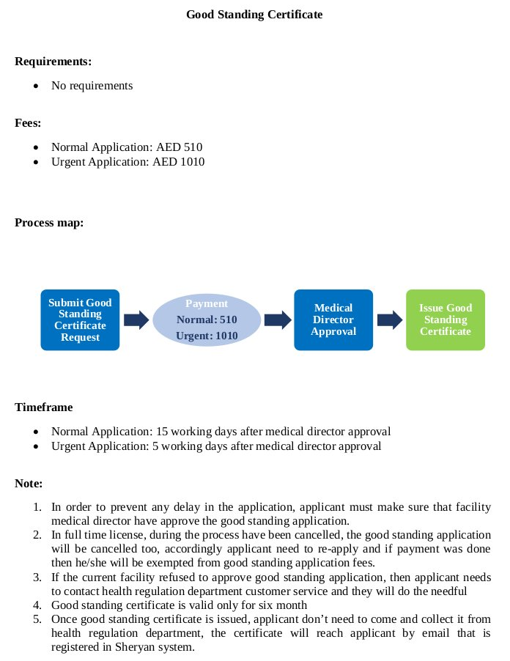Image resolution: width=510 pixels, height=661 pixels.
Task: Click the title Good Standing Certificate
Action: point(254,14)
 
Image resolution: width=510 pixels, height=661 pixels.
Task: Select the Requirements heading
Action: point(53,62)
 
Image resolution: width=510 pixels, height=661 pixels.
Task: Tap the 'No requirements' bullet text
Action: point(92,86)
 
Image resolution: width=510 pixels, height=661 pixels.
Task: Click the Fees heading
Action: point(28,123)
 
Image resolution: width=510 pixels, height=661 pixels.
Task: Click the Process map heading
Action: point(49,222)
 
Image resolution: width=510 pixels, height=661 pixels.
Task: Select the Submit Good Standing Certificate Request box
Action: point(80,320)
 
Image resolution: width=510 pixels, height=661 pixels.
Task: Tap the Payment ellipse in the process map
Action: point(207,320)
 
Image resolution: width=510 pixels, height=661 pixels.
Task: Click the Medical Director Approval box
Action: point(333,320)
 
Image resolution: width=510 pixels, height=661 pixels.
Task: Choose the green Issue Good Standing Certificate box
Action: point(446,320)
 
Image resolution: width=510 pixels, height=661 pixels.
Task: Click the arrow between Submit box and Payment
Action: point(136,320)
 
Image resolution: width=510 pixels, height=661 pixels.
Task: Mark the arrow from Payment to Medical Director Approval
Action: point(277,320)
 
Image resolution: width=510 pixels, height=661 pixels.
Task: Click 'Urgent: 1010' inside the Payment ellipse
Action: point(207,336)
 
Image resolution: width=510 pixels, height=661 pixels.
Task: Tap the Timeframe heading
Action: point(43,407)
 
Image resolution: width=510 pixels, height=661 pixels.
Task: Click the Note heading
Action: point(29,484)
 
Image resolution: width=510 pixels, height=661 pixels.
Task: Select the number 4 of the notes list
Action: point(37,605)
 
